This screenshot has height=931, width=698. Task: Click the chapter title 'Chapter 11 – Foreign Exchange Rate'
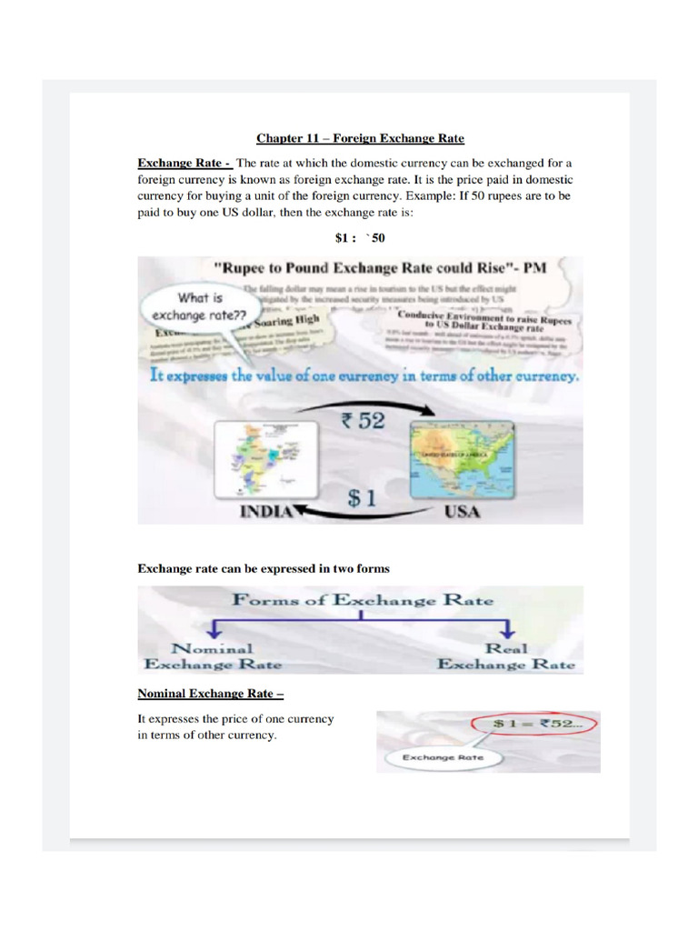tap(360, 138)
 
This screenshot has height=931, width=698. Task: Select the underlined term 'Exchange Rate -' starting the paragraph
tap(184, 163)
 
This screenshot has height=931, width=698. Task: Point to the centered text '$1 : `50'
tap(360, 238)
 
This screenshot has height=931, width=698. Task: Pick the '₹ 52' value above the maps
tap(363, 420)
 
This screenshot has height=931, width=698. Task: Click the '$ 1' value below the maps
tap(363, 497)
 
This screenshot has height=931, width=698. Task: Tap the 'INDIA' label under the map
tap(265, 512)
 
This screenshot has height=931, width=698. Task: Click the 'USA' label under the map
tap(462, 513)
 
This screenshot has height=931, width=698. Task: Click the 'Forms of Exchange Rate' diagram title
tap(363, 600)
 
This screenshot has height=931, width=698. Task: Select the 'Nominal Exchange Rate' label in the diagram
tap(213, 656)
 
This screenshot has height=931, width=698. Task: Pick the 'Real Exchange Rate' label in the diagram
tap(506, 656)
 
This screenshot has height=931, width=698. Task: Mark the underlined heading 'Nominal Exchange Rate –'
tap(210, 694)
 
